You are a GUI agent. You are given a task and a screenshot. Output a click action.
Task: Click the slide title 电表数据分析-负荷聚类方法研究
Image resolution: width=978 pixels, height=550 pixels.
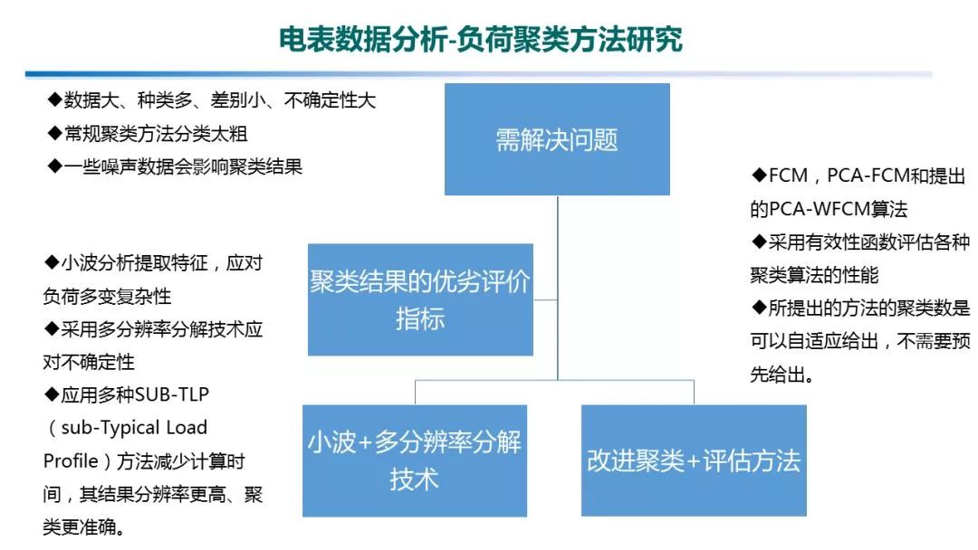coord(480,39)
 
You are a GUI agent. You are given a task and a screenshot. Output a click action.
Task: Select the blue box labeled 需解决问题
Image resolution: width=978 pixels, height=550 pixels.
coord(557,139)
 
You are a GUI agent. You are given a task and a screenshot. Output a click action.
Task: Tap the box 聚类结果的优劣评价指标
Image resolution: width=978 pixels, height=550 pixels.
coord(420,299)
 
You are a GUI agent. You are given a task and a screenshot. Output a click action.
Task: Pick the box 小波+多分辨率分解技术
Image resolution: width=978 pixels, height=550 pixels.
coord(415,461)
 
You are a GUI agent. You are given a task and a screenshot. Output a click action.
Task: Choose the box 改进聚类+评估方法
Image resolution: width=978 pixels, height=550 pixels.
coord(694,460)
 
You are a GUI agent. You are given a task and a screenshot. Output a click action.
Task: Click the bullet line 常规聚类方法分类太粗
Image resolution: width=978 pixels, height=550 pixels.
coord(148,134)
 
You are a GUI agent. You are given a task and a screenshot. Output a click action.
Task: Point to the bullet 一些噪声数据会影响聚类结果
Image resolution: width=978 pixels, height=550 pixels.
coord(175,166)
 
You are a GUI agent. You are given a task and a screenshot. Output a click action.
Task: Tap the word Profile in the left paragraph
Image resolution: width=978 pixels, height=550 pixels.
coord(71,461)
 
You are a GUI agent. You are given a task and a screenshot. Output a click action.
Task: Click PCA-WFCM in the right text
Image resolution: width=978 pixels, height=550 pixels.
coord(816,210)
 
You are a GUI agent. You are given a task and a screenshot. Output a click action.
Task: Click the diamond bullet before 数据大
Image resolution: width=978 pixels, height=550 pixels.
coord(53,100)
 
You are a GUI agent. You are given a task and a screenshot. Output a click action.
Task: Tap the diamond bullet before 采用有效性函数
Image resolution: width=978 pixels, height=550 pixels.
coord(759,242)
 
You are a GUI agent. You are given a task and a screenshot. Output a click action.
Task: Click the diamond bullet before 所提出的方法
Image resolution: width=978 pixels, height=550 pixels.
coord(759,308)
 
